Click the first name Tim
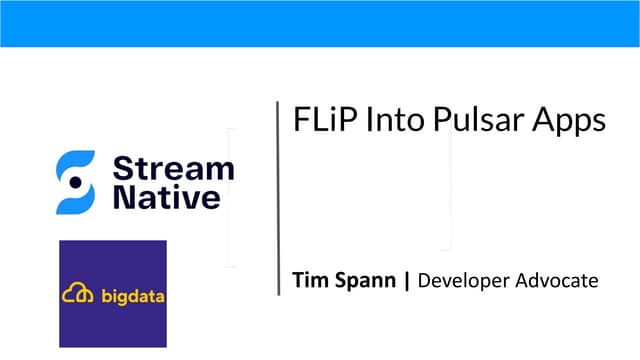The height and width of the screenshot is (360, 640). [309, 280]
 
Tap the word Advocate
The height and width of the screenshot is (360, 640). [555, 280]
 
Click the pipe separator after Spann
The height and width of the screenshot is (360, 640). [406, 280]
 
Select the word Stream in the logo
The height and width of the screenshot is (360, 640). [174, 167]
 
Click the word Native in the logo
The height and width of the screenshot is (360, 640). [166, 197]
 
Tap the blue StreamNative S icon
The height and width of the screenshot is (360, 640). [75, 182]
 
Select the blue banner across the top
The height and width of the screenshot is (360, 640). [320, 23]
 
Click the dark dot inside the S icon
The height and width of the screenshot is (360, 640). [75, 182]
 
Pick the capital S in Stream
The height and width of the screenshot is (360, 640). [122, 167]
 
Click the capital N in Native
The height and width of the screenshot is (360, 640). [125, 197]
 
